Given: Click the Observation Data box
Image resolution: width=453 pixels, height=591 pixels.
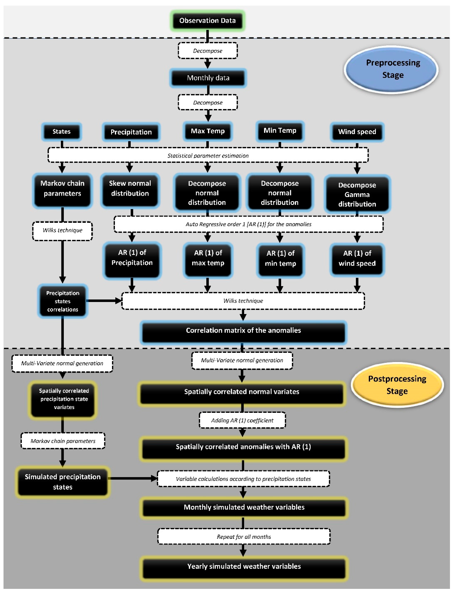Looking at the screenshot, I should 207,20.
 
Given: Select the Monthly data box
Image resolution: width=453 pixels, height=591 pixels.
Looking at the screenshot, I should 208,78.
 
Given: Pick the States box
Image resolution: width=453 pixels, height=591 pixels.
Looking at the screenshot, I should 61,132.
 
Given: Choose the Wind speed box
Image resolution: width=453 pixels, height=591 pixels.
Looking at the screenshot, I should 357,132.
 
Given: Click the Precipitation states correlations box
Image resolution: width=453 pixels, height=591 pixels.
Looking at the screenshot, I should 63,301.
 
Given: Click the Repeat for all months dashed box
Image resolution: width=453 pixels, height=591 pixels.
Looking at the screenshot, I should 244,537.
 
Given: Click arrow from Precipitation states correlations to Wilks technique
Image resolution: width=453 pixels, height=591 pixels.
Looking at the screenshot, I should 104,300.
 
